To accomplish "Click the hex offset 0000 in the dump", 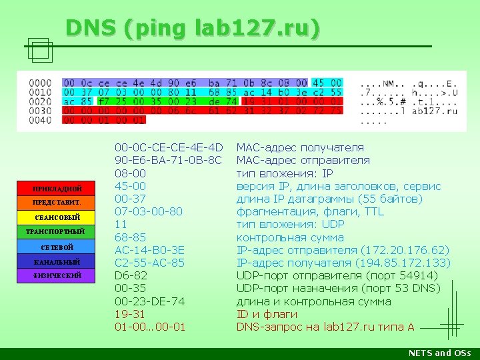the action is (40, 83).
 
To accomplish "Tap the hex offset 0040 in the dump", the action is (40, 121).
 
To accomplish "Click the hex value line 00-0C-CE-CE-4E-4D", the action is (169, 147).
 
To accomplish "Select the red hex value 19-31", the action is (131, 314).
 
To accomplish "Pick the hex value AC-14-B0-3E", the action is (149, 250).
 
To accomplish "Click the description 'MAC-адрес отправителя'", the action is (303, 160).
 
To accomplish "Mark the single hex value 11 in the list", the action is (121, 224).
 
